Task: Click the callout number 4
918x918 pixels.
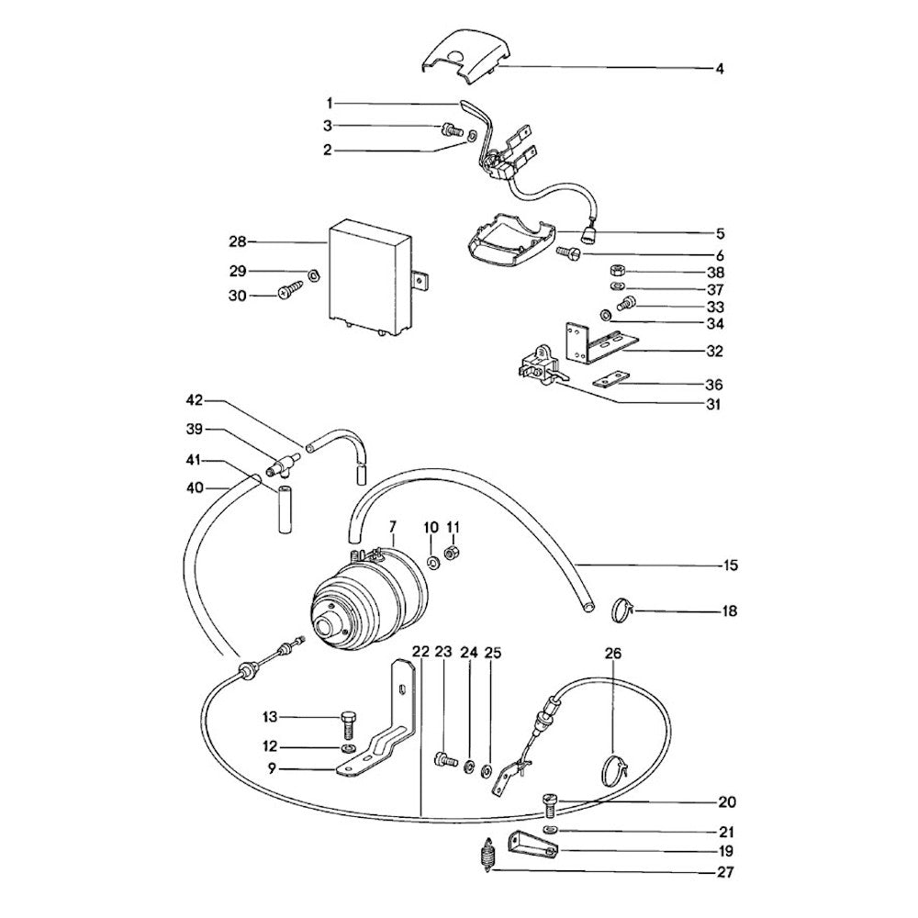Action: [x=720, y=68]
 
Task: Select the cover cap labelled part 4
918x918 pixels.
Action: [x=457, y=53]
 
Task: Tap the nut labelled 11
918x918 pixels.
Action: [x=452, y=553]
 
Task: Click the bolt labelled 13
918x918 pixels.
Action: [x=346, y=722]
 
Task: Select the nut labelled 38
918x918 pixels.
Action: [x=619, y=271]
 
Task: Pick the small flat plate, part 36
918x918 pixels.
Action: [x=612, y=380]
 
